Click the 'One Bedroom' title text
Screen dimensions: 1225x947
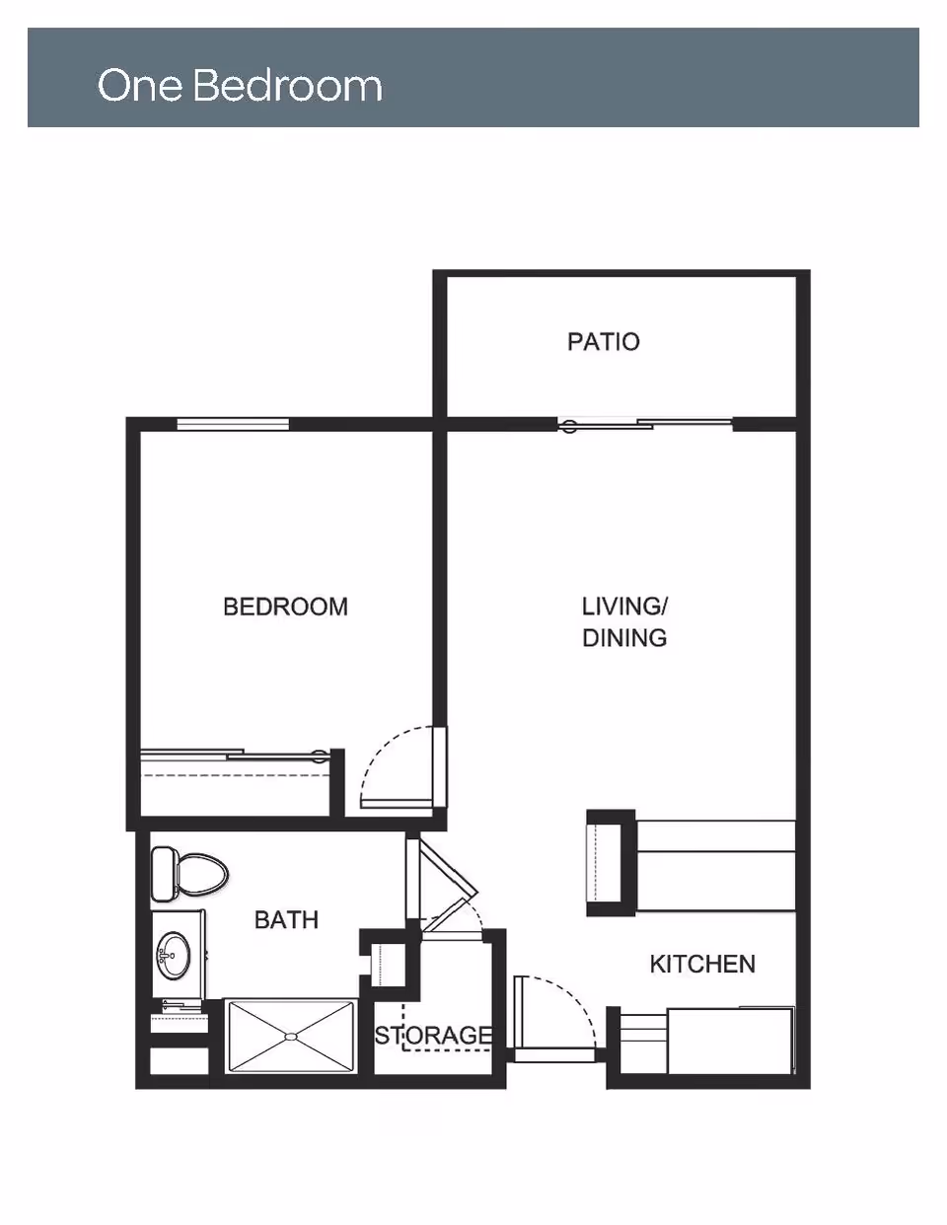tap(240, 86)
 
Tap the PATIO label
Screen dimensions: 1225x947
tap(603, 342)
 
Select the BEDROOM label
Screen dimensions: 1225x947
tap(285, 607)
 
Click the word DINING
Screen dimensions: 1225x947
tap(624, 638)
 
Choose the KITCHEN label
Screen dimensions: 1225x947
tap(702, 964)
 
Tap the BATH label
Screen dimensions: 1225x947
tap(286, 920)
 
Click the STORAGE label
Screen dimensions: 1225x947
tap(433, 1035)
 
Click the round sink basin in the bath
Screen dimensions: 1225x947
tap(176, 954)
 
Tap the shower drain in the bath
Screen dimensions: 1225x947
tap(290, 1036)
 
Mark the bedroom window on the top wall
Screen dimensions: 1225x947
tap(233, 425)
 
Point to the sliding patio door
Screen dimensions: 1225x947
tap(646, 425)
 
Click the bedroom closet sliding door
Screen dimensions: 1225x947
tap(237, 757)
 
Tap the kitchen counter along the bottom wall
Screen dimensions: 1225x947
tap(730, 1041)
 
